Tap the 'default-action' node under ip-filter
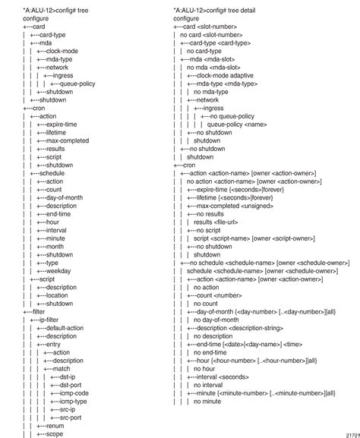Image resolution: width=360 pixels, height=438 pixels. tap(65, 328)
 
